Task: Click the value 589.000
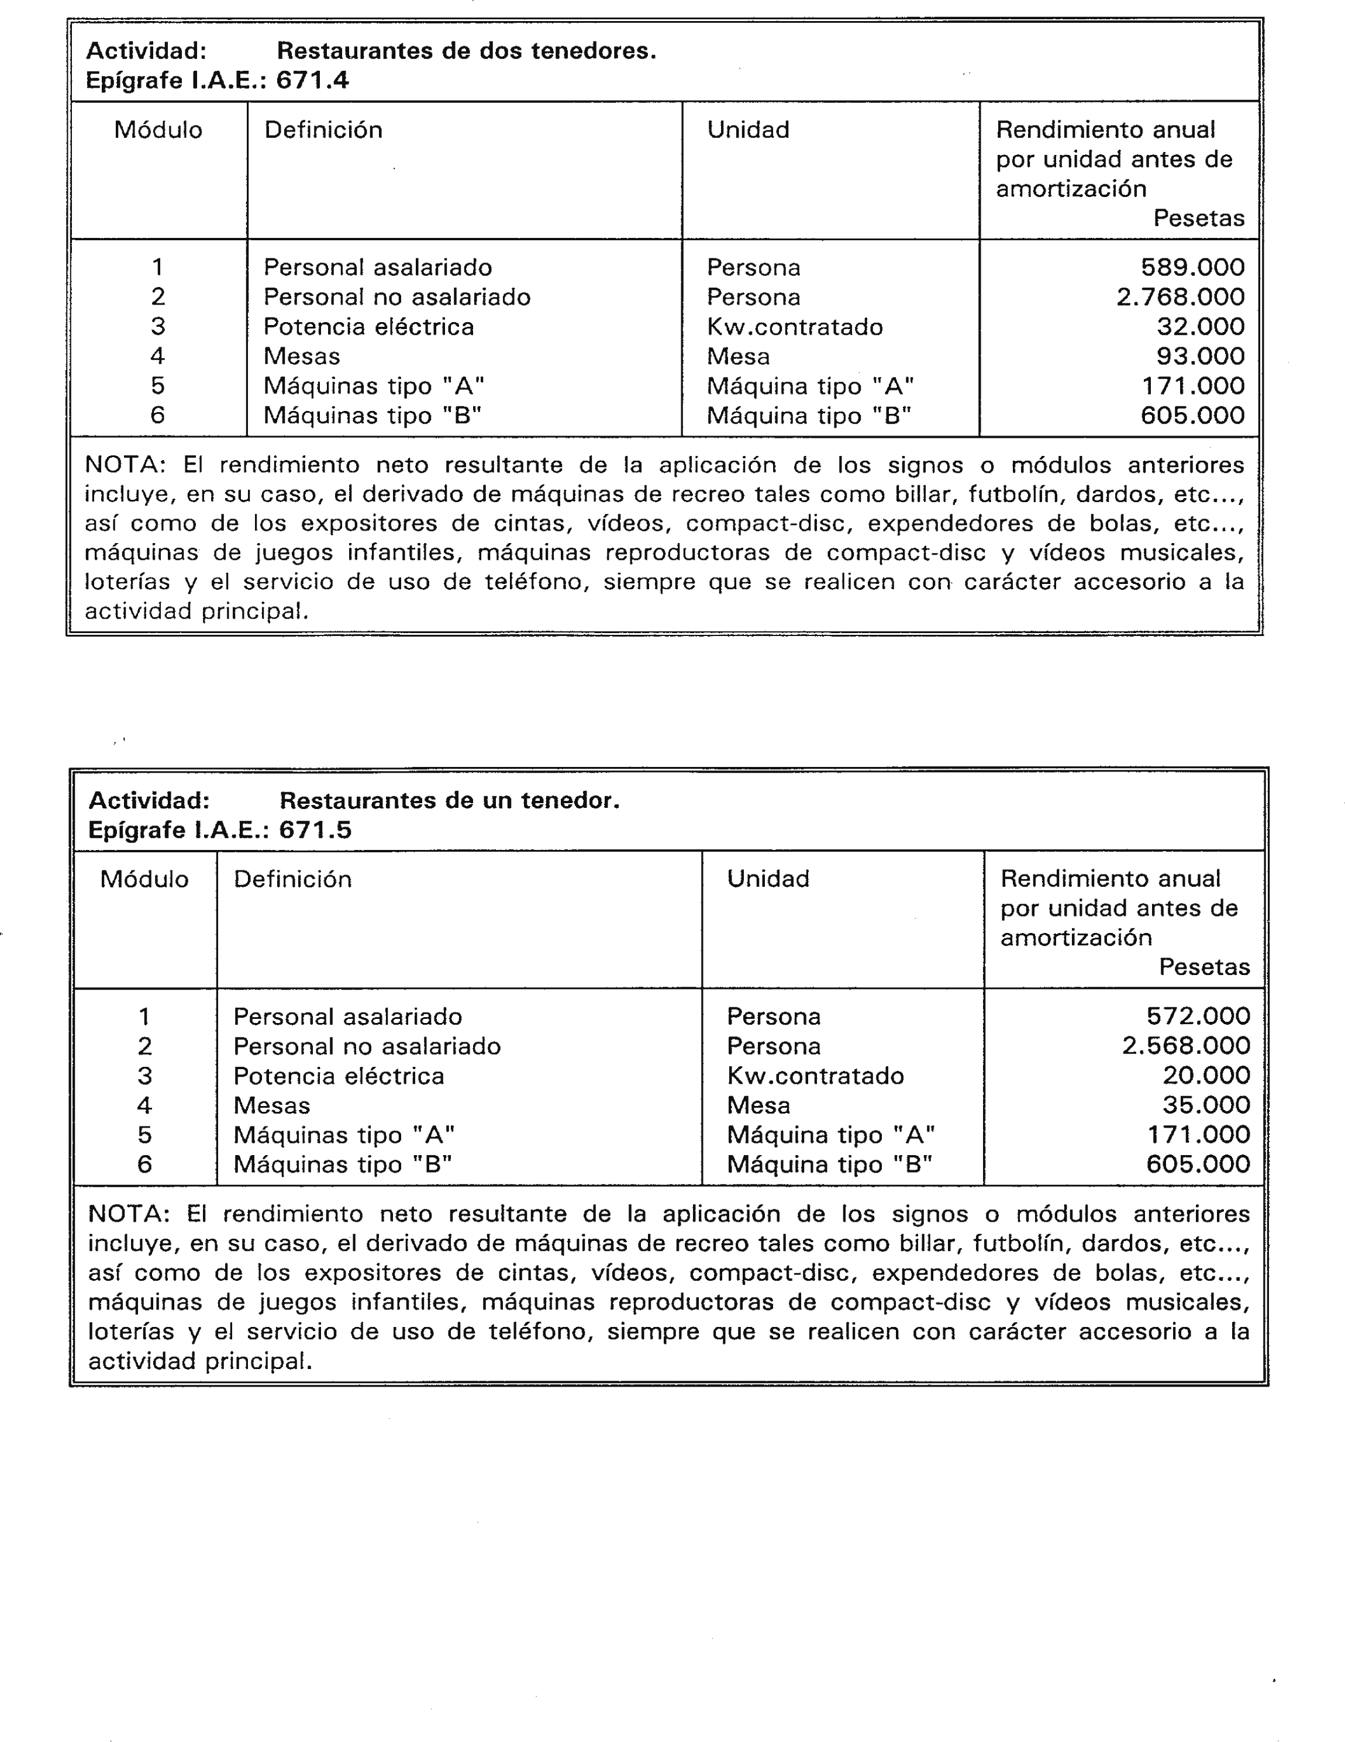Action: (x=1192, y=267)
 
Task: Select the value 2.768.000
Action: (x=1180, y=297)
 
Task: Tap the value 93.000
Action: (x=1200, y=356)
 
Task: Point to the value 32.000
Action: (x=1200, y=326)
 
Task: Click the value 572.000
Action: (x=1198, y=1016)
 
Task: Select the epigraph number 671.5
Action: (x=315, y=830)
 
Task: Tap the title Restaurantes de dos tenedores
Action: (x=466, y=51)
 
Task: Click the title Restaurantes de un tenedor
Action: (x=449, y=801)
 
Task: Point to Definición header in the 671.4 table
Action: (x=323, y=130)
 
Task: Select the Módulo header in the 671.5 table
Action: (x=144, y=880)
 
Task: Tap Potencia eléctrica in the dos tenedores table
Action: (x=368, y=327)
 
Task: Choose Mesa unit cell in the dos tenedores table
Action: (x=738, y=357)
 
